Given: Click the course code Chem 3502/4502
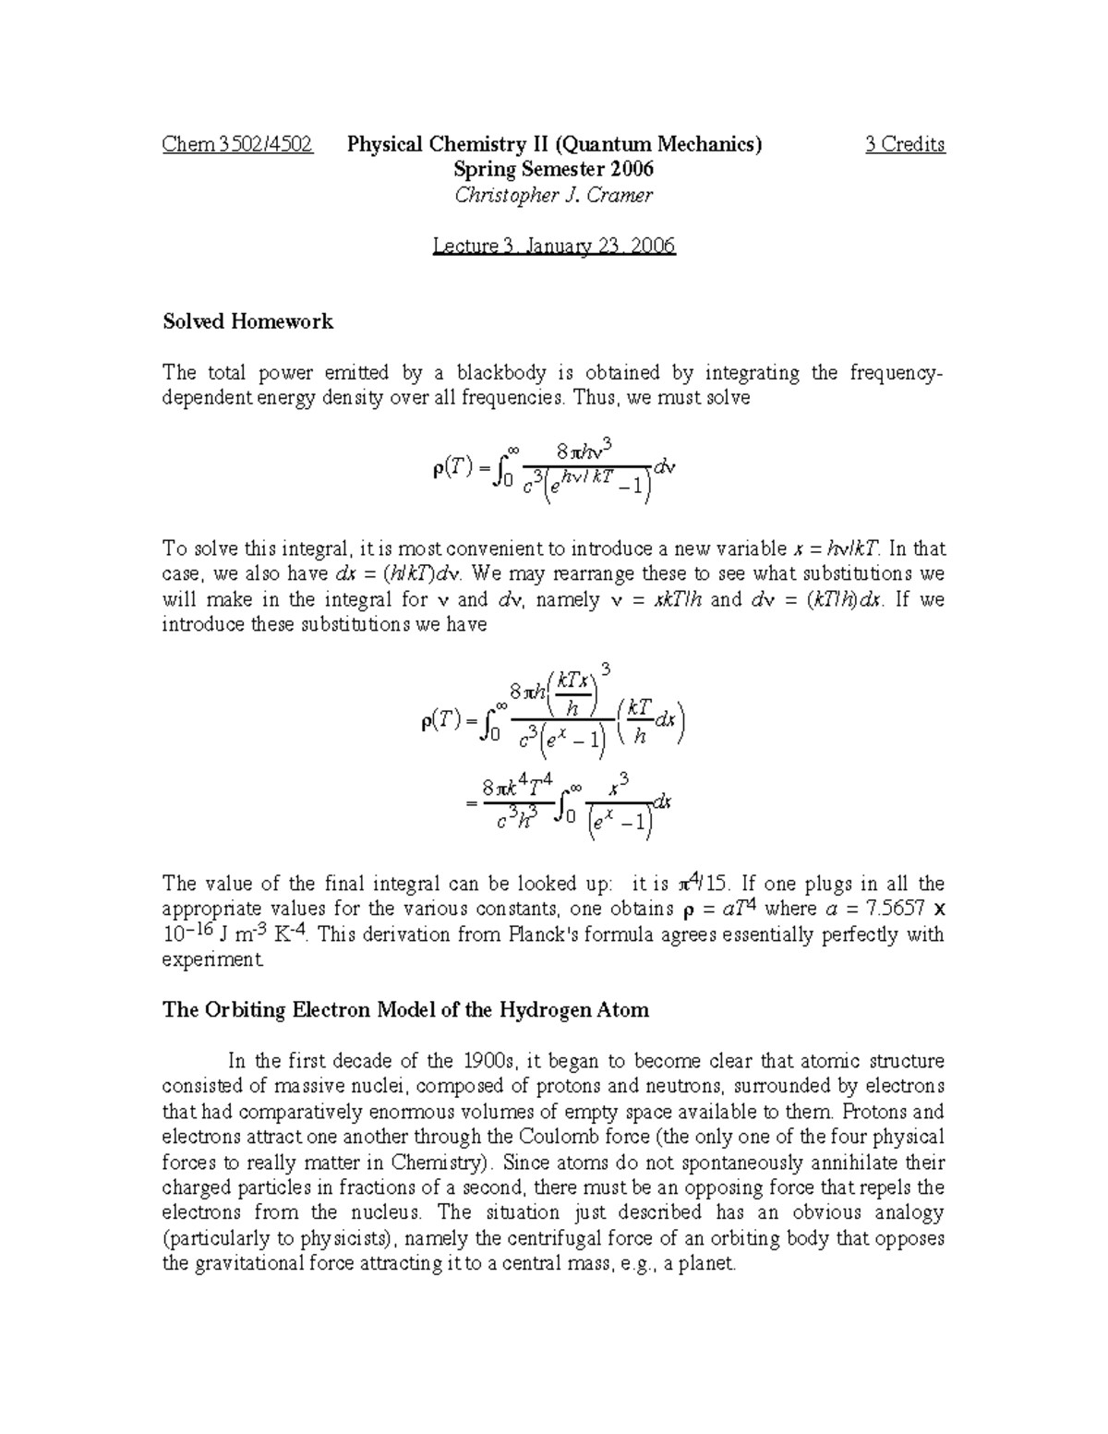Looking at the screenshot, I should click(x=237, y=144).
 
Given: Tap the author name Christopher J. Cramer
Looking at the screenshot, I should click(x=554, y=195).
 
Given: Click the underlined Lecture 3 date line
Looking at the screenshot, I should click(x=554, y=246).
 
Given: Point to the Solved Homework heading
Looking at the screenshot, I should click(x=247, y=321).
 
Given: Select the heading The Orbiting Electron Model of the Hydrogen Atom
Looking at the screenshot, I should click(x=405, y=1009).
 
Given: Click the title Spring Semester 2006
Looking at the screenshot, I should click(x=554, y=169).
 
